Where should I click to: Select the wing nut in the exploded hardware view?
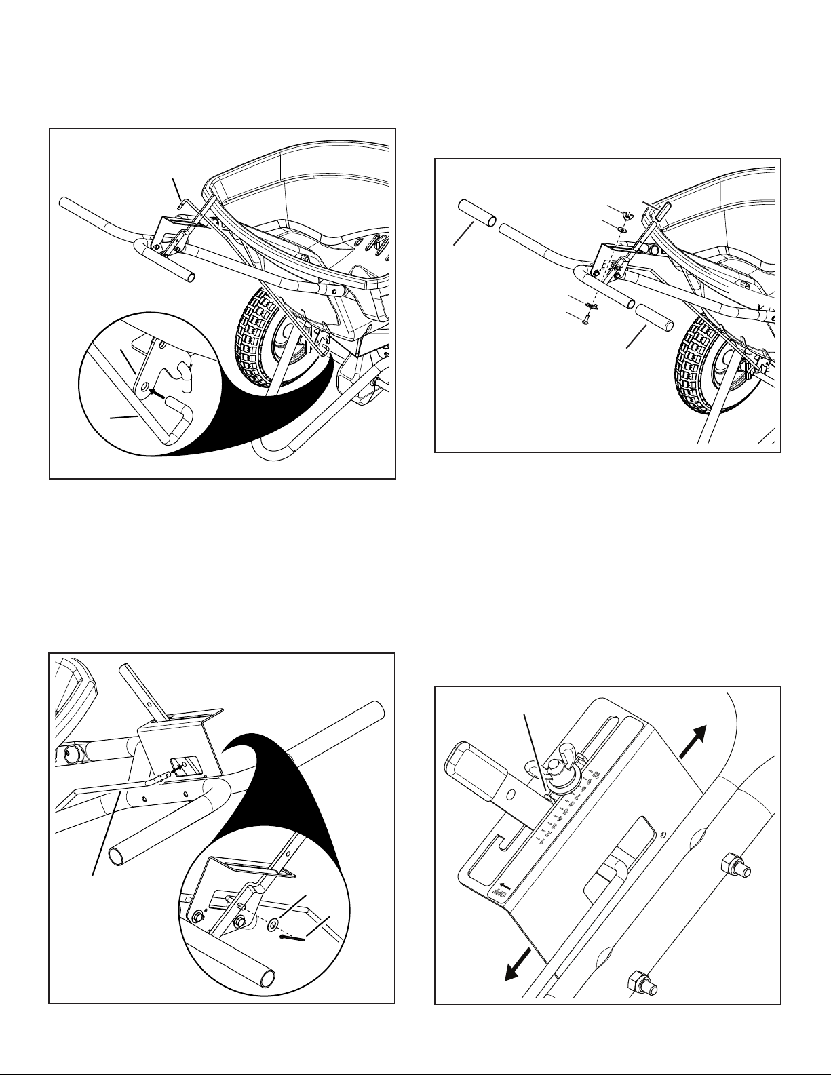[629, 216]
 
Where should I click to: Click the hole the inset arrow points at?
[144, 387]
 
